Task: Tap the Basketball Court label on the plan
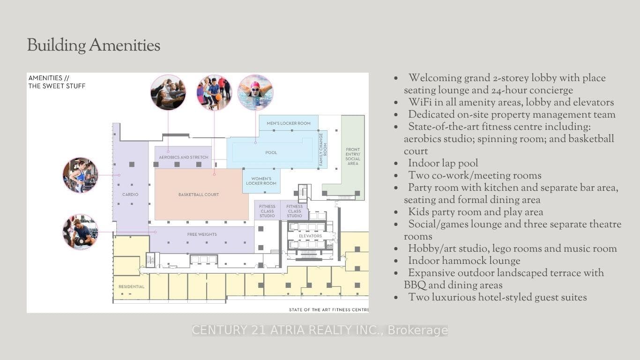tap(199, 195)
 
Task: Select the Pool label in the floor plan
tap(271, 153)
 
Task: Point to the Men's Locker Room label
tap(289, 123)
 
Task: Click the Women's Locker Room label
tap(261, 181)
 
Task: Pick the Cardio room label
tap(130, 195)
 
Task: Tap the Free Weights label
tap(202, 234)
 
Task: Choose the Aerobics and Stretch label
tap(184, 157)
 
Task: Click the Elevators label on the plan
tap(310, 236)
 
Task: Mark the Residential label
tap(132, 286)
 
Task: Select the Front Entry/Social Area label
tap(353, 157)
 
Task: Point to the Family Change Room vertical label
tap(323, 149)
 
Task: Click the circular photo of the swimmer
tap(255, 92)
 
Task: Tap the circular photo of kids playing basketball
tap(214, 92)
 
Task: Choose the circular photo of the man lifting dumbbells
tap(80, 232)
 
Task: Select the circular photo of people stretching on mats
tap(168, 92)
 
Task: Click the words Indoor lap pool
tap(443, 164)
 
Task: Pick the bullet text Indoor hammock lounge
tap(464, 261)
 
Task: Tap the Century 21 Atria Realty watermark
tap(320, 330)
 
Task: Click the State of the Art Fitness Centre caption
tap(328, 310)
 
